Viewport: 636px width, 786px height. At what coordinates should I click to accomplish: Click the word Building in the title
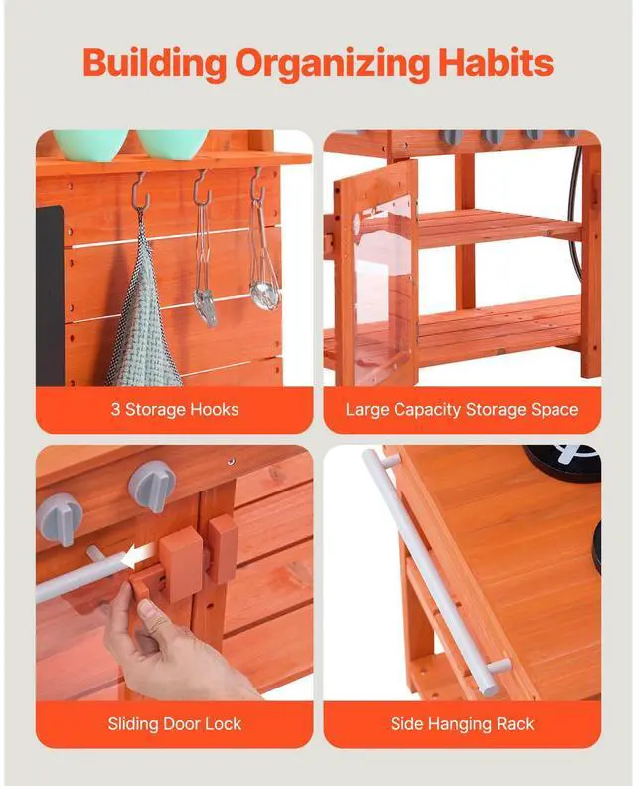154,64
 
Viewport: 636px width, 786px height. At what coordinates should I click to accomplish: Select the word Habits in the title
496,62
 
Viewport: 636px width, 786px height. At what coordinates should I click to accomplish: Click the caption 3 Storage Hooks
175,410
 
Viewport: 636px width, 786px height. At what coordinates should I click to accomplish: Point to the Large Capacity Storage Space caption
462,410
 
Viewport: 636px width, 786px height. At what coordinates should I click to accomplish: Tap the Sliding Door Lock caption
175,724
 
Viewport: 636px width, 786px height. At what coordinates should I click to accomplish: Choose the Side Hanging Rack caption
462,724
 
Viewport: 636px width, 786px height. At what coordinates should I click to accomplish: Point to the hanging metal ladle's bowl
265,295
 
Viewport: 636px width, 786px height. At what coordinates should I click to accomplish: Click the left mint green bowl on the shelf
90,144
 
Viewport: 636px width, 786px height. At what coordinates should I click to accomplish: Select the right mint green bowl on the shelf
172,144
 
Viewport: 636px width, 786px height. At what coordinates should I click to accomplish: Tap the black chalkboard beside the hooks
49,295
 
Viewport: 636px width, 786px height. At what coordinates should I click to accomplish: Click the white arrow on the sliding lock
138,556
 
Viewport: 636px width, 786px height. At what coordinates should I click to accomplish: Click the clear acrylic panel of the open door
384,291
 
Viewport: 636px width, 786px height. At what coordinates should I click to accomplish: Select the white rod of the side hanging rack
429,571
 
